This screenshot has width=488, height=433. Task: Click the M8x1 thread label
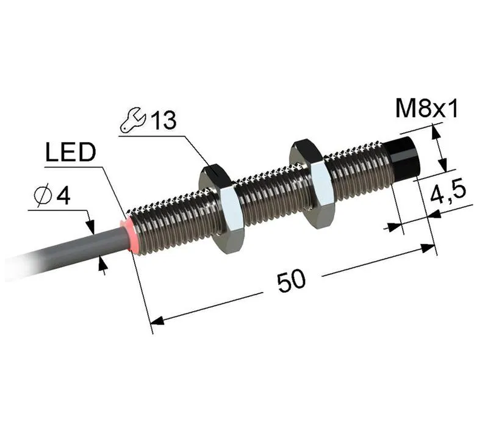pos(426,109)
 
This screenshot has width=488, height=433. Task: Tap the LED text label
pos(71,152)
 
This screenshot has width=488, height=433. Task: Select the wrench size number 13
pos(164,120)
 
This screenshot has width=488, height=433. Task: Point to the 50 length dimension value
pos(292,281)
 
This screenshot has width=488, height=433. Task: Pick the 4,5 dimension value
pos(448,193)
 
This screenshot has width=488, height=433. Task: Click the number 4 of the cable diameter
pos(63,196)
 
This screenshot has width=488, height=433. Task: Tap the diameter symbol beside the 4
pos(43,196)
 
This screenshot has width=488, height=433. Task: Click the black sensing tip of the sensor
pos(403,159)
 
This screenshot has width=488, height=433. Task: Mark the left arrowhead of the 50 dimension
pos(157,320)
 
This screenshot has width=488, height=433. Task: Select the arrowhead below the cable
pos(102,263)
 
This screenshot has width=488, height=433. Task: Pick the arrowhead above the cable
pos(90,226)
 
